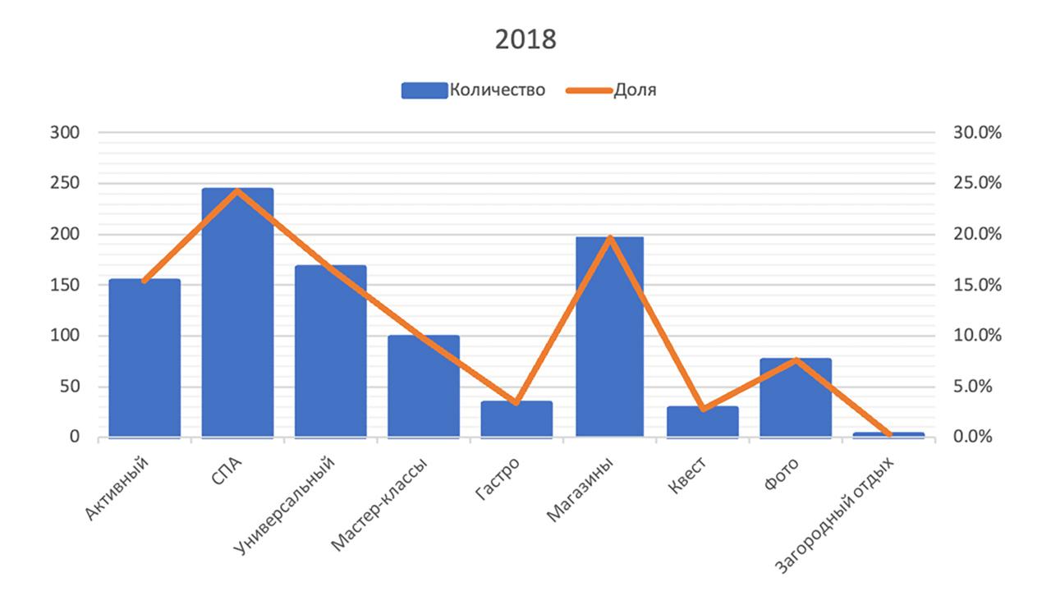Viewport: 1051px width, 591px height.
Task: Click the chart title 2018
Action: click(x=525, y=39)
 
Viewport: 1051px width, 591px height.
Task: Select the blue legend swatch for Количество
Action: click(x=423, y=90)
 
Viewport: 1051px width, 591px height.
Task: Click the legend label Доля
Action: click(x=635, y=90)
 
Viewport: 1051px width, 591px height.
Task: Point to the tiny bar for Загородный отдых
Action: click(x=888, y=434)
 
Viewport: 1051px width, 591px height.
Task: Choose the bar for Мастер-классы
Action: click(x=424, y=386)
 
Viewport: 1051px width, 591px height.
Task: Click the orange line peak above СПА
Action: click(x=237, y=191)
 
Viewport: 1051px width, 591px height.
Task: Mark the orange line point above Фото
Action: click(x=796, y=360)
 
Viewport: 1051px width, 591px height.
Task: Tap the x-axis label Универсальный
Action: click(x=287, y=506)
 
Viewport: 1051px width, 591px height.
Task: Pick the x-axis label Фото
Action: click(x=783, y=476)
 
